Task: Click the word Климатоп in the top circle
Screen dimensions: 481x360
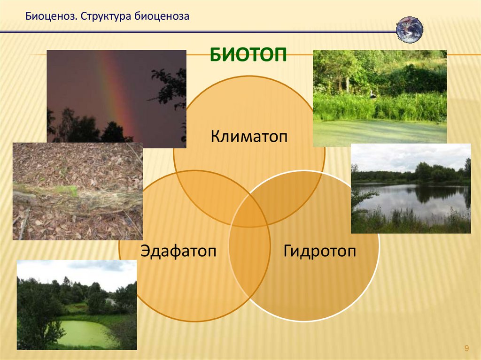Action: [249, 136]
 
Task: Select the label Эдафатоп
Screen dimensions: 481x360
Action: [178, 251]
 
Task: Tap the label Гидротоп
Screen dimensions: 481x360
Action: [319, 251]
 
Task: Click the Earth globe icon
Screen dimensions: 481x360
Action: [410, 30]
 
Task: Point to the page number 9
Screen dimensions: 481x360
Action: [466, 348]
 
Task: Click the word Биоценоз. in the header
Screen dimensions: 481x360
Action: [51, 16]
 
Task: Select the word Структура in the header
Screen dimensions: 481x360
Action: [106, 16]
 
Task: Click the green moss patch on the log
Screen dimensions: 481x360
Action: [70, 191]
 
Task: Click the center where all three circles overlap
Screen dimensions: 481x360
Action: [249, 214]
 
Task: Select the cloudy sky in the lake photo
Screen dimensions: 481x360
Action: [411, 157]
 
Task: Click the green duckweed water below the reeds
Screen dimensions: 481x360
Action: [380, 132]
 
